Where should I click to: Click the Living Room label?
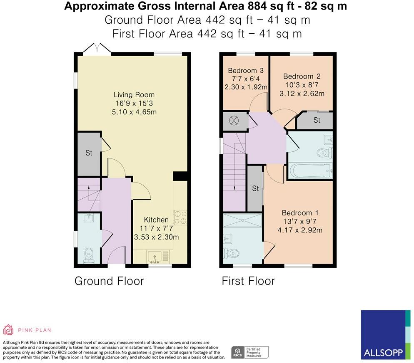click(134, 95)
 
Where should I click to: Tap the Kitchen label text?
click(156, 220)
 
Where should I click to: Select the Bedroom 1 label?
click(300, 213)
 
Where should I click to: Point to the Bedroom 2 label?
click(302, 77)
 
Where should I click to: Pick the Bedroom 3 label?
click(246, 71)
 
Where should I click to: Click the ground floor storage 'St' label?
click(89, 153)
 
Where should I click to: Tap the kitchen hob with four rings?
click(180, 217)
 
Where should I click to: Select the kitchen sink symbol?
click(158, 257)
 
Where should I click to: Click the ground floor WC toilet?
click(89, 255)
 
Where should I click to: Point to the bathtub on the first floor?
click(310, 171)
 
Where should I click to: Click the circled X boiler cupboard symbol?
click(234, 121)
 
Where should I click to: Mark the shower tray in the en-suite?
click(243, 220)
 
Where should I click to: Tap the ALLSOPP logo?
click(386, 335)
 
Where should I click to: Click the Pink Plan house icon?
click(8, 330)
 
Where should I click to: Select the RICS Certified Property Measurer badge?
click(250, 353)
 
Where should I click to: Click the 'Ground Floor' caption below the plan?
click(109, 281)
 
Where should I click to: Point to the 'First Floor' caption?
click(248, 281)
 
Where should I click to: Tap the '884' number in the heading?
click(257, 6)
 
